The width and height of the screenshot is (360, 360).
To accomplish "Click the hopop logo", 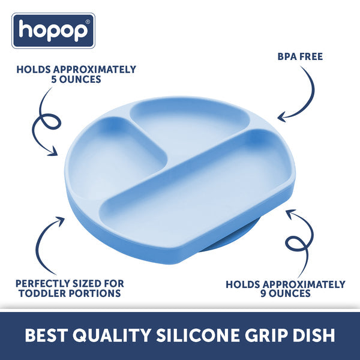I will tap(53, 31).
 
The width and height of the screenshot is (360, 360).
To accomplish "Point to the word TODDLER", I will tap(40, 293).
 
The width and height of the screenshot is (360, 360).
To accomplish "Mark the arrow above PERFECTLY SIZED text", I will tap(48, 240).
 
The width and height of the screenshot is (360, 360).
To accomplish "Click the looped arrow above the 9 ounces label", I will tap(297, 237).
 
